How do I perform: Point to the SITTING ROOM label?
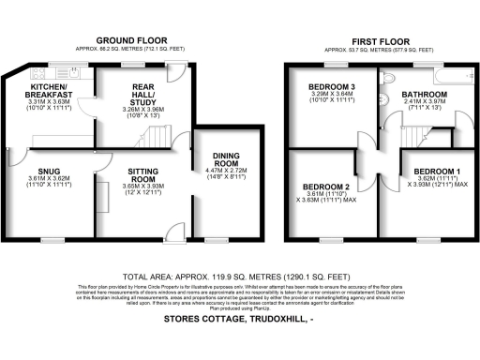[143, 175]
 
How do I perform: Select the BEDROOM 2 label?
[323, 186]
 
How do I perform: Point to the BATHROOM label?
[427, 95]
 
